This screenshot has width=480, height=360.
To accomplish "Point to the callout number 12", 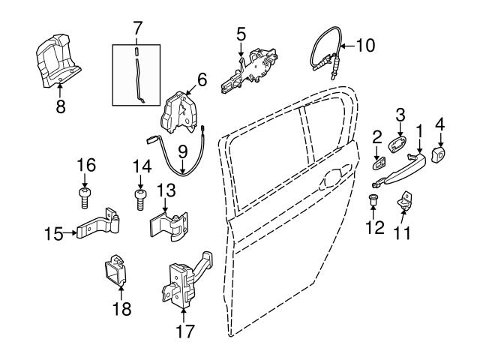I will pyautogui.click(x=373, y=226).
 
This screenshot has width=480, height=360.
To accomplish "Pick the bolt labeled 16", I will pyautogui.click(x=84, y=198).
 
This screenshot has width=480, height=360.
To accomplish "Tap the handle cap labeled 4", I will pyautogui.click(x=439, y=155).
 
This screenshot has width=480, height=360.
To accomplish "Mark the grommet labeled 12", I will pyautogui.click(x=373, y=200).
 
